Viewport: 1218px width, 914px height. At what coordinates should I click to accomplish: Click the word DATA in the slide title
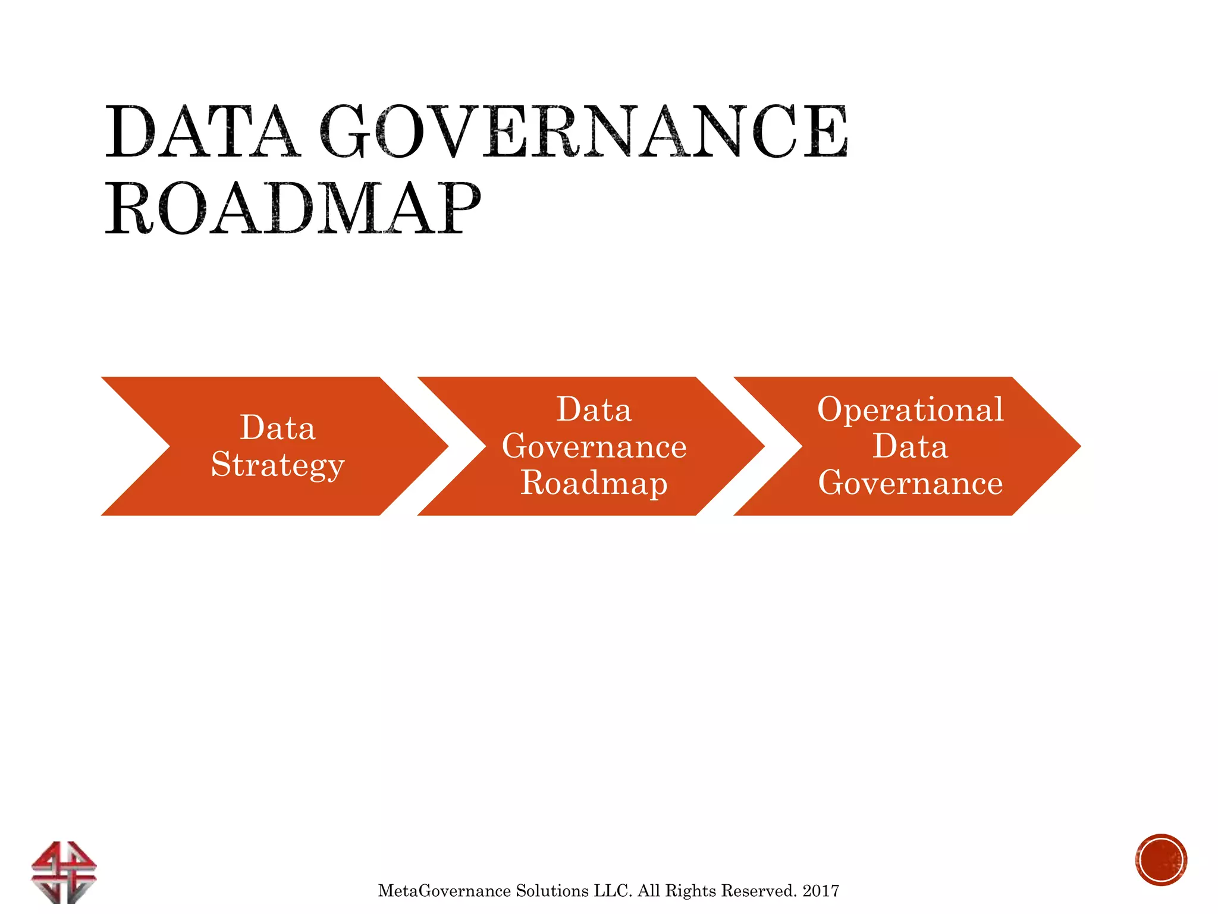tap(202, 132)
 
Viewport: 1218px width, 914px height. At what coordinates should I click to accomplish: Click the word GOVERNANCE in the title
tap(583, 132)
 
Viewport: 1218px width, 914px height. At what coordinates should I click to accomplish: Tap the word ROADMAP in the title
tap(293, 209)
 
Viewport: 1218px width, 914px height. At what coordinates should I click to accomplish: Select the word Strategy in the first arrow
tap(278, 465)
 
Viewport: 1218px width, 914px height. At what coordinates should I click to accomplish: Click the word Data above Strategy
tap(278, 428)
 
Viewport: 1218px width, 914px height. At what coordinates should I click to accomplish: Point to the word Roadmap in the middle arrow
tap(594, 483)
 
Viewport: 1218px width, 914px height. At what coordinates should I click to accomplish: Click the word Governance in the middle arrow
tap(594, 446)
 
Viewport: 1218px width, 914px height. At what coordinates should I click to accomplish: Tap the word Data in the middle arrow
tap(594, 409)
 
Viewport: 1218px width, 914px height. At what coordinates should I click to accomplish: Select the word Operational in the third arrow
tap(911, 409)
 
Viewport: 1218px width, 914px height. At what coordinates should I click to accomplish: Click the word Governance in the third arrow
tap(911, 483)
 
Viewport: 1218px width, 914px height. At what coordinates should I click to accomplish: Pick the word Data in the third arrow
tap(911, 446)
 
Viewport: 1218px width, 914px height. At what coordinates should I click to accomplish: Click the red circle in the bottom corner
tap(1160, 860)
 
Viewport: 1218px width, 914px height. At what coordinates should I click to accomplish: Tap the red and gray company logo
tap(64, 871)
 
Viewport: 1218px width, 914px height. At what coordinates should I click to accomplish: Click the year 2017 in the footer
tap(821, 891)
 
